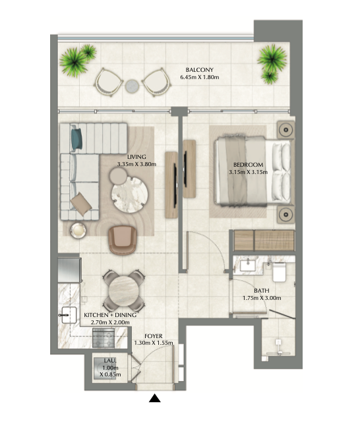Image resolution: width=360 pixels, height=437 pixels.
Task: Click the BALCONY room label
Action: click(199, 70)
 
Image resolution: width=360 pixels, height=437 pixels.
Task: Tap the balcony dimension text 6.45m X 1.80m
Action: click(199, 77)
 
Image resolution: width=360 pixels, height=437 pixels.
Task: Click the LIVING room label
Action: click(136, 157)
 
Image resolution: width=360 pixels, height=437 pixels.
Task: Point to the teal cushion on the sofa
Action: click(77, 138)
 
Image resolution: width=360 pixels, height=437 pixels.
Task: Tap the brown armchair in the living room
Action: click(123, 240)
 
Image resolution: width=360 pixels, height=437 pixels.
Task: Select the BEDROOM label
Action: click(248, 165)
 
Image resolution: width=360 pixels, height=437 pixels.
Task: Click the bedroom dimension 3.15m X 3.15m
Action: click(248, 172)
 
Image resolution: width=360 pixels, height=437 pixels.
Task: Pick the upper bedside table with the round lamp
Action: click(285, 130)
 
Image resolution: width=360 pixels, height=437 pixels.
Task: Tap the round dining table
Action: click(124, 291)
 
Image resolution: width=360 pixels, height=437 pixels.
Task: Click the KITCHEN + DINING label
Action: click(110, 315)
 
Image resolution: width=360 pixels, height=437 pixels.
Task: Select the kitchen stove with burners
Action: click(104, 337)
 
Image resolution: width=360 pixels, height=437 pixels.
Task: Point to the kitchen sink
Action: click(69, 315)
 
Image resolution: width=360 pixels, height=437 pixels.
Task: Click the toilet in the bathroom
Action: click(279, 272)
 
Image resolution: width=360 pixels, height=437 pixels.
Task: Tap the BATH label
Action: click(262, 291)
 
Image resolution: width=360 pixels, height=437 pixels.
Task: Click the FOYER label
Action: click(154, 336)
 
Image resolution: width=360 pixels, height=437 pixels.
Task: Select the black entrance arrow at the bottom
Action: click(155, 398)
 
